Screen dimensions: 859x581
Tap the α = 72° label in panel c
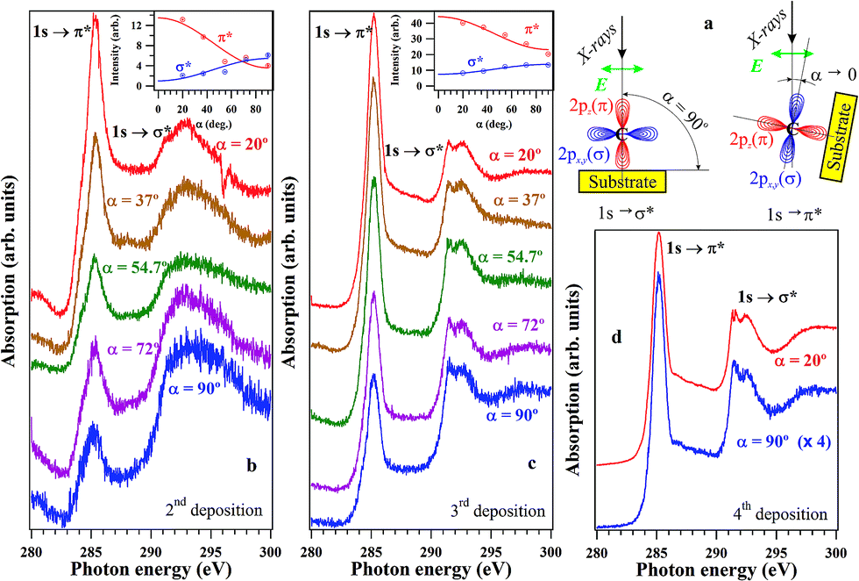click(518, 326)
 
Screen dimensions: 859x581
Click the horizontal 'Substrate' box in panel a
click(622, 182)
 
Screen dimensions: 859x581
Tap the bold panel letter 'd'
click(616, 337)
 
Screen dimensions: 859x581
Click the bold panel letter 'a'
click(708, 25)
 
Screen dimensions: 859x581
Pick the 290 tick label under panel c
click(430, 551)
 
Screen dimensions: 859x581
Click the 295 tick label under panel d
click(776, 551)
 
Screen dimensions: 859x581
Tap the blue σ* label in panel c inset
click(475, 61)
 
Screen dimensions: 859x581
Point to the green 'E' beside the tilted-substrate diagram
click(756, 67)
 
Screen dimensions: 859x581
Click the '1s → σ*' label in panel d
click(767, 297)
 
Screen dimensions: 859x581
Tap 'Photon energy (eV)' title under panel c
click(431, 569)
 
